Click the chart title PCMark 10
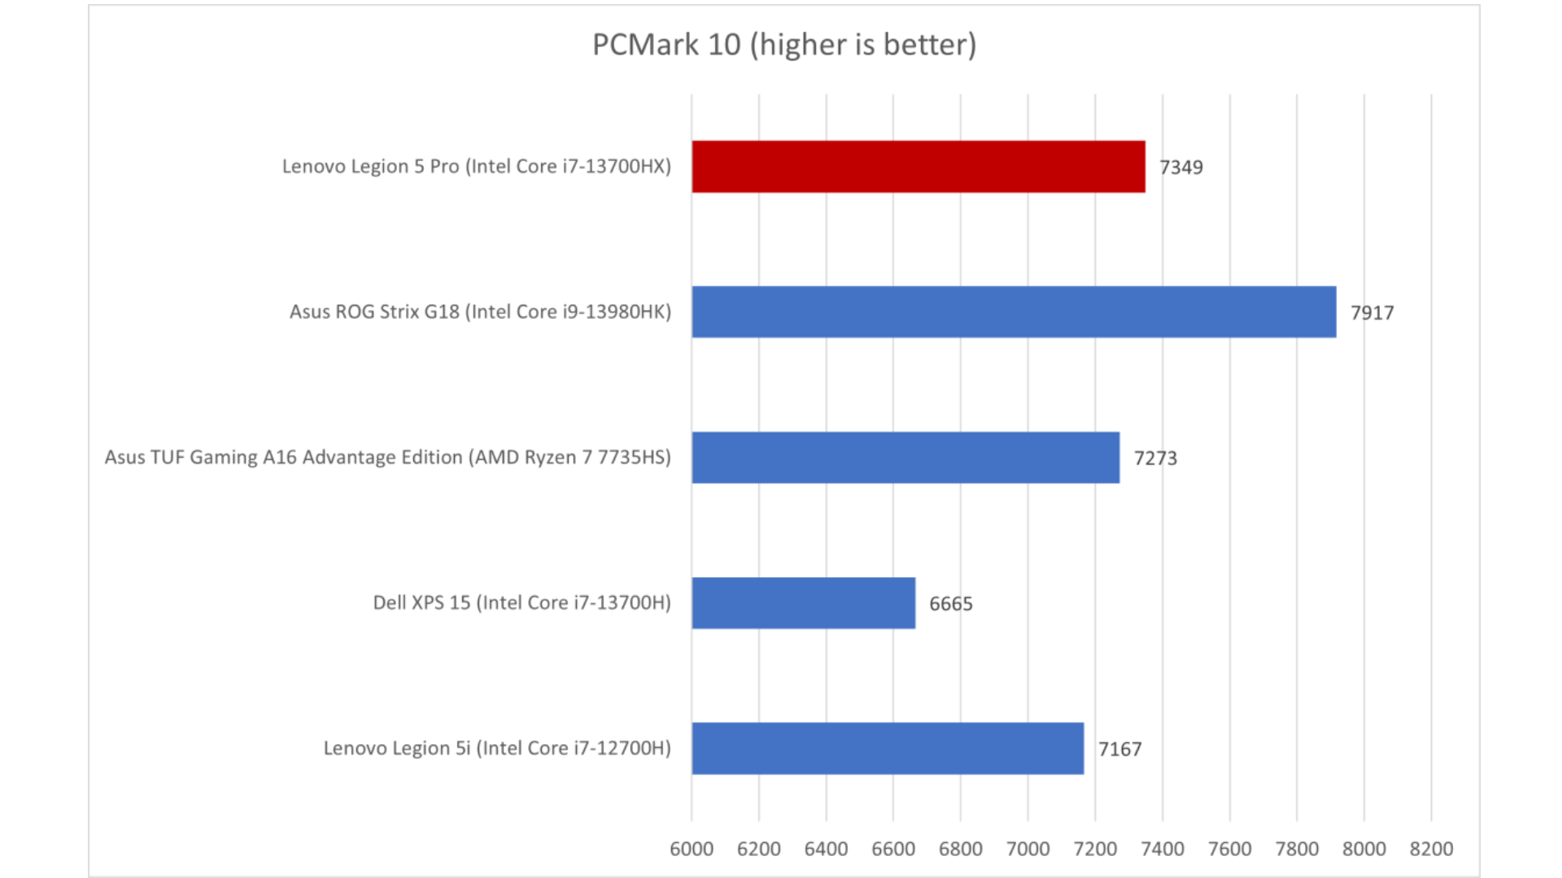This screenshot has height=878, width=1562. [x=783, y=45]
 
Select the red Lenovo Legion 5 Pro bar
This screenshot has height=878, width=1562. [x=918, y=167]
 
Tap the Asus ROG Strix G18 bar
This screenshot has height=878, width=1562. [x=1014, y=312]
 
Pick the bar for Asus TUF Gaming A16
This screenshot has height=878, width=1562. [x=905, y=458]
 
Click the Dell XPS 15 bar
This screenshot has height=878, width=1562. [x=804, y=603]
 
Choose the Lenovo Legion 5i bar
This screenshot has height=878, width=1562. [x=888, y=749]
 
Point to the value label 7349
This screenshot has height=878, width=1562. [x=1180, y=167]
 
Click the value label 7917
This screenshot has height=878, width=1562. [x=1372, y=313]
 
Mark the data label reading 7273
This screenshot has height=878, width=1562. [x=1155, y=459]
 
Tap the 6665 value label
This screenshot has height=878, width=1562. [x=950, y=604]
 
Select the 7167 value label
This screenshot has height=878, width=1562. [x=1119, y=750]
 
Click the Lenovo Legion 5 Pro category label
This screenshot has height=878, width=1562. [x=477, y=167]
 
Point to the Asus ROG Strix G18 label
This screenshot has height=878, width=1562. [x=480, y=312]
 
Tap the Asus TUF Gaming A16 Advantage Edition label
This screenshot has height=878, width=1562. [x=388, y=458]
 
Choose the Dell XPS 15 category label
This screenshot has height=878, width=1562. [x=521, y=603]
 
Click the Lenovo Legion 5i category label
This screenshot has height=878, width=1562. [x=497, y=749]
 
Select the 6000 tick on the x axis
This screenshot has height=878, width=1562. [x=692, y=850]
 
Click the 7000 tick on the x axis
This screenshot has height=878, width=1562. [x=1028, y=850]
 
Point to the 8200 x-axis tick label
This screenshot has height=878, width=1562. [x=1431, y=850]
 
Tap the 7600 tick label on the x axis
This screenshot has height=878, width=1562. [x=1229, y=850]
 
